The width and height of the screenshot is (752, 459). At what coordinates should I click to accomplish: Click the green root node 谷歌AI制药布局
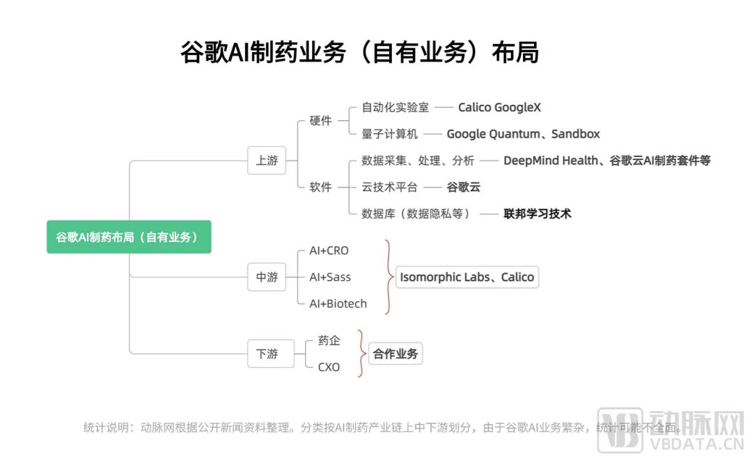click(x=129, y=237)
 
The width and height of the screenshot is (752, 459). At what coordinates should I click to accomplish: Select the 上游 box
click(x=267, y=161)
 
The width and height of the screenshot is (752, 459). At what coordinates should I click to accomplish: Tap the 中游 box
click(x=267, y=277)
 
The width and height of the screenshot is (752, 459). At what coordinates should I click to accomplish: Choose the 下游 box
click(x=267, y=353)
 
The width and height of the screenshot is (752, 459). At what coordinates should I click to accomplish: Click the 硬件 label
click(x=320, y=121)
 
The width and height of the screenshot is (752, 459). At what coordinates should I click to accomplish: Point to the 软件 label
click(x=320, y=187)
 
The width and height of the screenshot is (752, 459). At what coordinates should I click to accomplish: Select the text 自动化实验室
click(x=395, y=108)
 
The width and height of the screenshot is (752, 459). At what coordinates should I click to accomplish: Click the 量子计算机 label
click(x=390, y=134)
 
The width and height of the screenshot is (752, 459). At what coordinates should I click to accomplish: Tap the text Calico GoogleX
click(x=499, y=108)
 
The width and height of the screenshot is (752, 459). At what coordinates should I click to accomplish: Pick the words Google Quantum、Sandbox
click(x=523, y=134)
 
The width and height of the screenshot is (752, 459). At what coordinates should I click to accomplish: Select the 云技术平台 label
click(x=390, y=187)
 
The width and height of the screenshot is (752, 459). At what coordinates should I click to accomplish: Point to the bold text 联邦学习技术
click(x=537, y=214)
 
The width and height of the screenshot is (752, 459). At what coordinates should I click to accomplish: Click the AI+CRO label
click(x=329, y=250)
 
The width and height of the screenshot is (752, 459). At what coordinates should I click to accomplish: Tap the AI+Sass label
click(x=330, y=277)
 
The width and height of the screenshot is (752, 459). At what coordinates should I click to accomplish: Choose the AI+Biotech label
click(x=338, y=303)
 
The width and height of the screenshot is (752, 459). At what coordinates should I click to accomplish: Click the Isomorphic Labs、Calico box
click(x=467, y=277)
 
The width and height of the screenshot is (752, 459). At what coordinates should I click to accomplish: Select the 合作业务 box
click(x=395, y=353)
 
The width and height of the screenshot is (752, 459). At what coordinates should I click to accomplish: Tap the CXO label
click(x=329, y=367)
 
